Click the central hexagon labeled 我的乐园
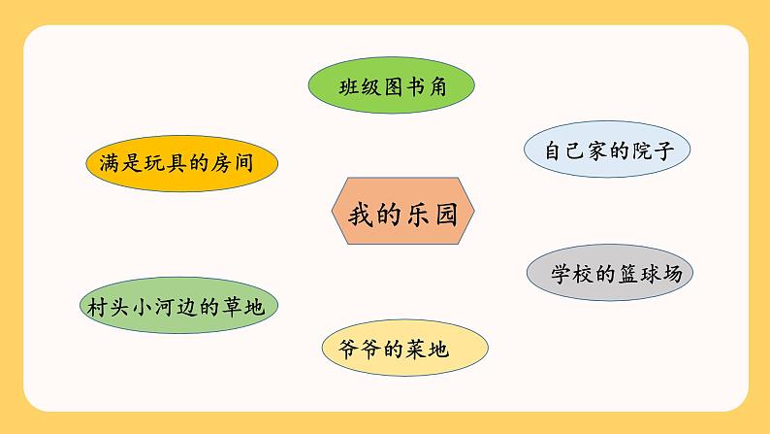pos(402,215)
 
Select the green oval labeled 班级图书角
pos(392,87)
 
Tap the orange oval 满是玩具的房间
pos(180,162)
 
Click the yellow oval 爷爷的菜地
pos(403,349)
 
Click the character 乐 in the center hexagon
pos(417,215)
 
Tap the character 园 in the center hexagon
pos(446,215)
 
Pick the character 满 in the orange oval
pos(109,162)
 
